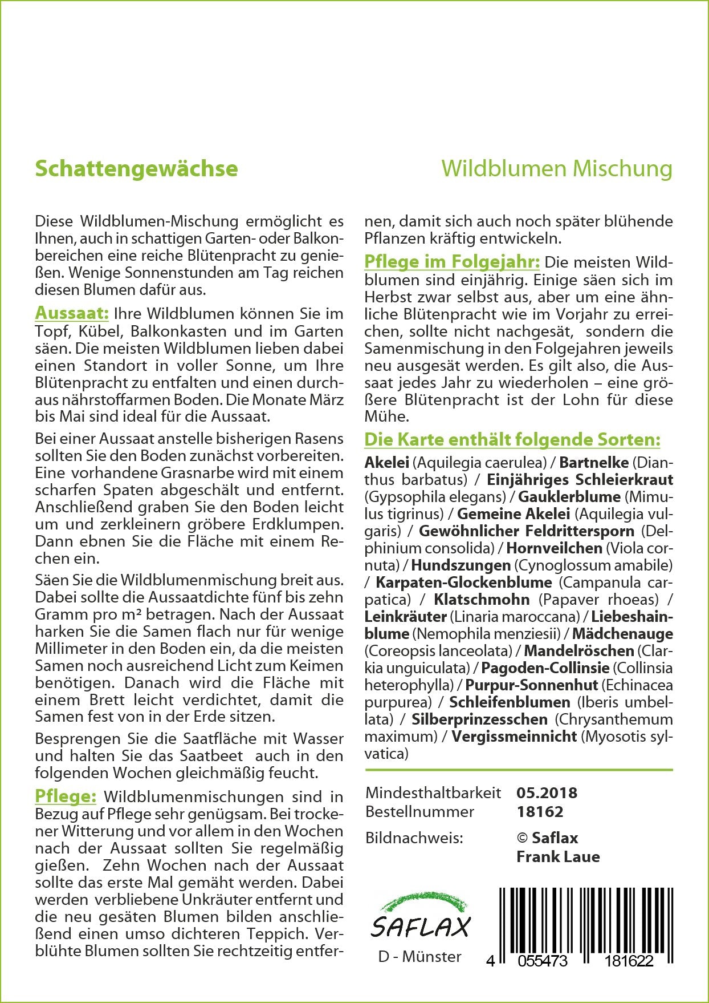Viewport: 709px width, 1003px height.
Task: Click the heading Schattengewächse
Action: pyautogui.click(x=136, y=169)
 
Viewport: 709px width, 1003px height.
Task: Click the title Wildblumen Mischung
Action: pyautogui.click(x=556, y=169)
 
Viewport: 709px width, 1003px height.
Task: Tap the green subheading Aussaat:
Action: pyautogui.click(x=72, y=313)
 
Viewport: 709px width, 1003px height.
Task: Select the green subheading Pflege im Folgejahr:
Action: pyautogui.click(x=451, y=262)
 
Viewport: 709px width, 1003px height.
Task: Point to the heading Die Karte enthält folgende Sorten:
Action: pyautogui.click(x=512, y=440)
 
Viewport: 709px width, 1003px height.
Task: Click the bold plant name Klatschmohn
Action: pyautogui.click(x=482, y=600)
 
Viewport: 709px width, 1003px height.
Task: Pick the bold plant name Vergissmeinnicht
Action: pyautogui.click(x=514, y=737)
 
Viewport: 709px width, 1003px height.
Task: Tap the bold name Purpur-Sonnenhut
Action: pyautogui.click(x=532, y=685)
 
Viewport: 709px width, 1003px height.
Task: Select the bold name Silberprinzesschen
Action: pyautogui.click(x=479, y=719)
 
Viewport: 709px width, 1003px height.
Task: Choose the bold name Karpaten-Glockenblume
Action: pyautogui.click(x=464, y=583)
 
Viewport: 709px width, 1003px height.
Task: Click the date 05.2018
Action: pyautogui.click(x=547, y=793)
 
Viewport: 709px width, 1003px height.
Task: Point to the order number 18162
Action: pyautogui.click(x=540, y=811)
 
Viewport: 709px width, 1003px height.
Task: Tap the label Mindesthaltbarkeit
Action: pyautogui.click(x=433, y=793)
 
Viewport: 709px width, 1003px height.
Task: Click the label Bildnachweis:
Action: pyautogui.click(x=414, y=838)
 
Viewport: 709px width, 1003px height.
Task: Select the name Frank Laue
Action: pyautogui.click(x=558, y=856)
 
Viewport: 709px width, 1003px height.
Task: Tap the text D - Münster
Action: pyautogui.click(x=419, y=957)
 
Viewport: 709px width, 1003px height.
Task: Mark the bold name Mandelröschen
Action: pyautogui.click(x=579, y=651)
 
